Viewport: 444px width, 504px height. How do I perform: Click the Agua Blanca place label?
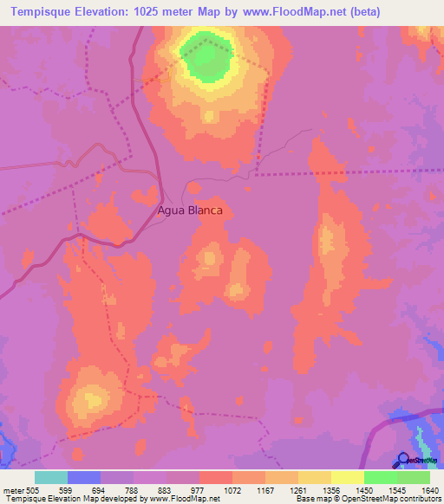point(190,210)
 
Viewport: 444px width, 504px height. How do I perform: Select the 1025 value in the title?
point(161,13)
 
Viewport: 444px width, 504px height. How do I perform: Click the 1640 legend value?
point(428,490)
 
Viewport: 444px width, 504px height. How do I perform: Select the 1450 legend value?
point(363,490)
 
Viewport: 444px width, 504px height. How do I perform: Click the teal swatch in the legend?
point(50,477)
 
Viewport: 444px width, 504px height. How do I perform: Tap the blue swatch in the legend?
point(83,477)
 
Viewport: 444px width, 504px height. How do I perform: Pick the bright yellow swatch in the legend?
point(347,477)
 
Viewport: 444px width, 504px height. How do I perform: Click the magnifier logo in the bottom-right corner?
point(403,460)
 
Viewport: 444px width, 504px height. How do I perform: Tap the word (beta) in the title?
point(363,13)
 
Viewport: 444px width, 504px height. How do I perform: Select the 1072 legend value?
point(232,490)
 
